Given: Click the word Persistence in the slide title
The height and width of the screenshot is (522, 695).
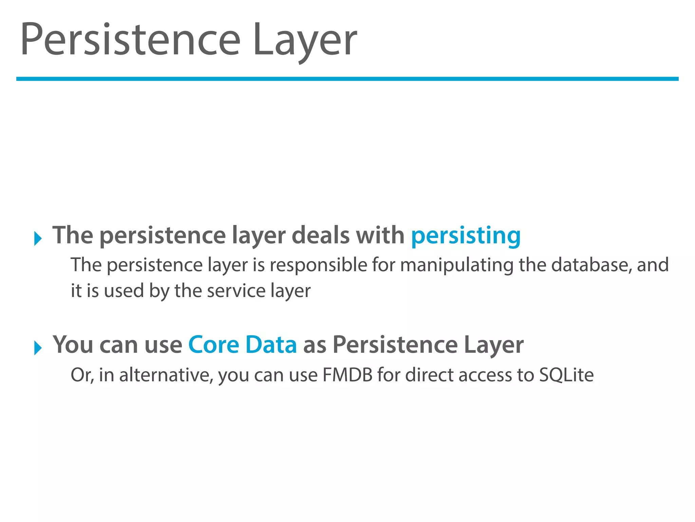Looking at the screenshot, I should [x=131, y=40].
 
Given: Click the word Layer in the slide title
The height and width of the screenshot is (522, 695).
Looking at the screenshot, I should [x=305, y=40].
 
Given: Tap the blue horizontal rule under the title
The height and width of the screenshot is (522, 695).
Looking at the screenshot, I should [x=347, y=79].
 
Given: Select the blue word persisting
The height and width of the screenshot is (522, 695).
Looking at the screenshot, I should [x=466, y=236].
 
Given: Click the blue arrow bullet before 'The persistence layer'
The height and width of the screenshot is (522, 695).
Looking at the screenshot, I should [x=38, y=238].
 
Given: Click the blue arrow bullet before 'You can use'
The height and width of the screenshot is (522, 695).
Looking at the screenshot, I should [x=38, y=348].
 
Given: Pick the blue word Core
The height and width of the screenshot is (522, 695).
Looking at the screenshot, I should [x=214, y=345].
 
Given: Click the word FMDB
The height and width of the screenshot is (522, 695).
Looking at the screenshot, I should [x=347, y=375].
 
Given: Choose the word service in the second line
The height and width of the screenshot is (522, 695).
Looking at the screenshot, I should [x=236, y=291].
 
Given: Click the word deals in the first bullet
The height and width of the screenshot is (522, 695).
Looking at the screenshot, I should [x=320, y=235].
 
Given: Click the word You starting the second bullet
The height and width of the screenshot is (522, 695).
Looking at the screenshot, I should [x=73, y=345].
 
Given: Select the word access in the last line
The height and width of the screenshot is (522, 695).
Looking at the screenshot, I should [x=485, y=375].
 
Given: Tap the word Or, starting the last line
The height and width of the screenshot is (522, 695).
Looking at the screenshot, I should [x=82, y=375].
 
